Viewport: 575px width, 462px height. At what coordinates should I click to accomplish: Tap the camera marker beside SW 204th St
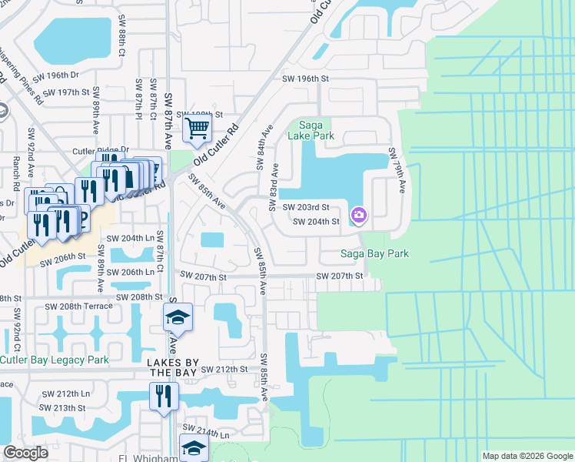[x=358, y=215]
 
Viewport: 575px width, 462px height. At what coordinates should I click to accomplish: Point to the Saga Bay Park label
[x=375, y=253]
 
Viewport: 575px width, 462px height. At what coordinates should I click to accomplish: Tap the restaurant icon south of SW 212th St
[x=164, y=396]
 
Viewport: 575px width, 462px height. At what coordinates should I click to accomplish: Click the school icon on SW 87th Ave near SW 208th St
[x=178, y=316]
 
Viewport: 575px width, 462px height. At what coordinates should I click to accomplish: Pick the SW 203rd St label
[x=305, y=207]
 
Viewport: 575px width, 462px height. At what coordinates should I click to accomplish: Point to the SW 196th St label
[x=305, y=79]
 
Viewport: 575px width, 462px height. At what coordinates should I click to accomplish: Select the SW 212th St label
[x=224, y=370]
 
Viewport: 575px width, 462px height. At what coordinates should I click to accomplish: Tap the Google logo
[x=26, y=453]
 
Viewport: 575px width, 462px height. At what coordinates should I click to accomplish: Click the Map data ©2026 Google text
[x=527, y=456]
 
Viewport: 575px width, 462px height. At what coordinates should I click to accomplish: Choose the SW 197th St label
[x=67, y=92]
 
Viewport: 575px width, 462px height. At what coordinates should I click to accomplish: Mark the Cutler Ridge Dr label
[x=101, y=151]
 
